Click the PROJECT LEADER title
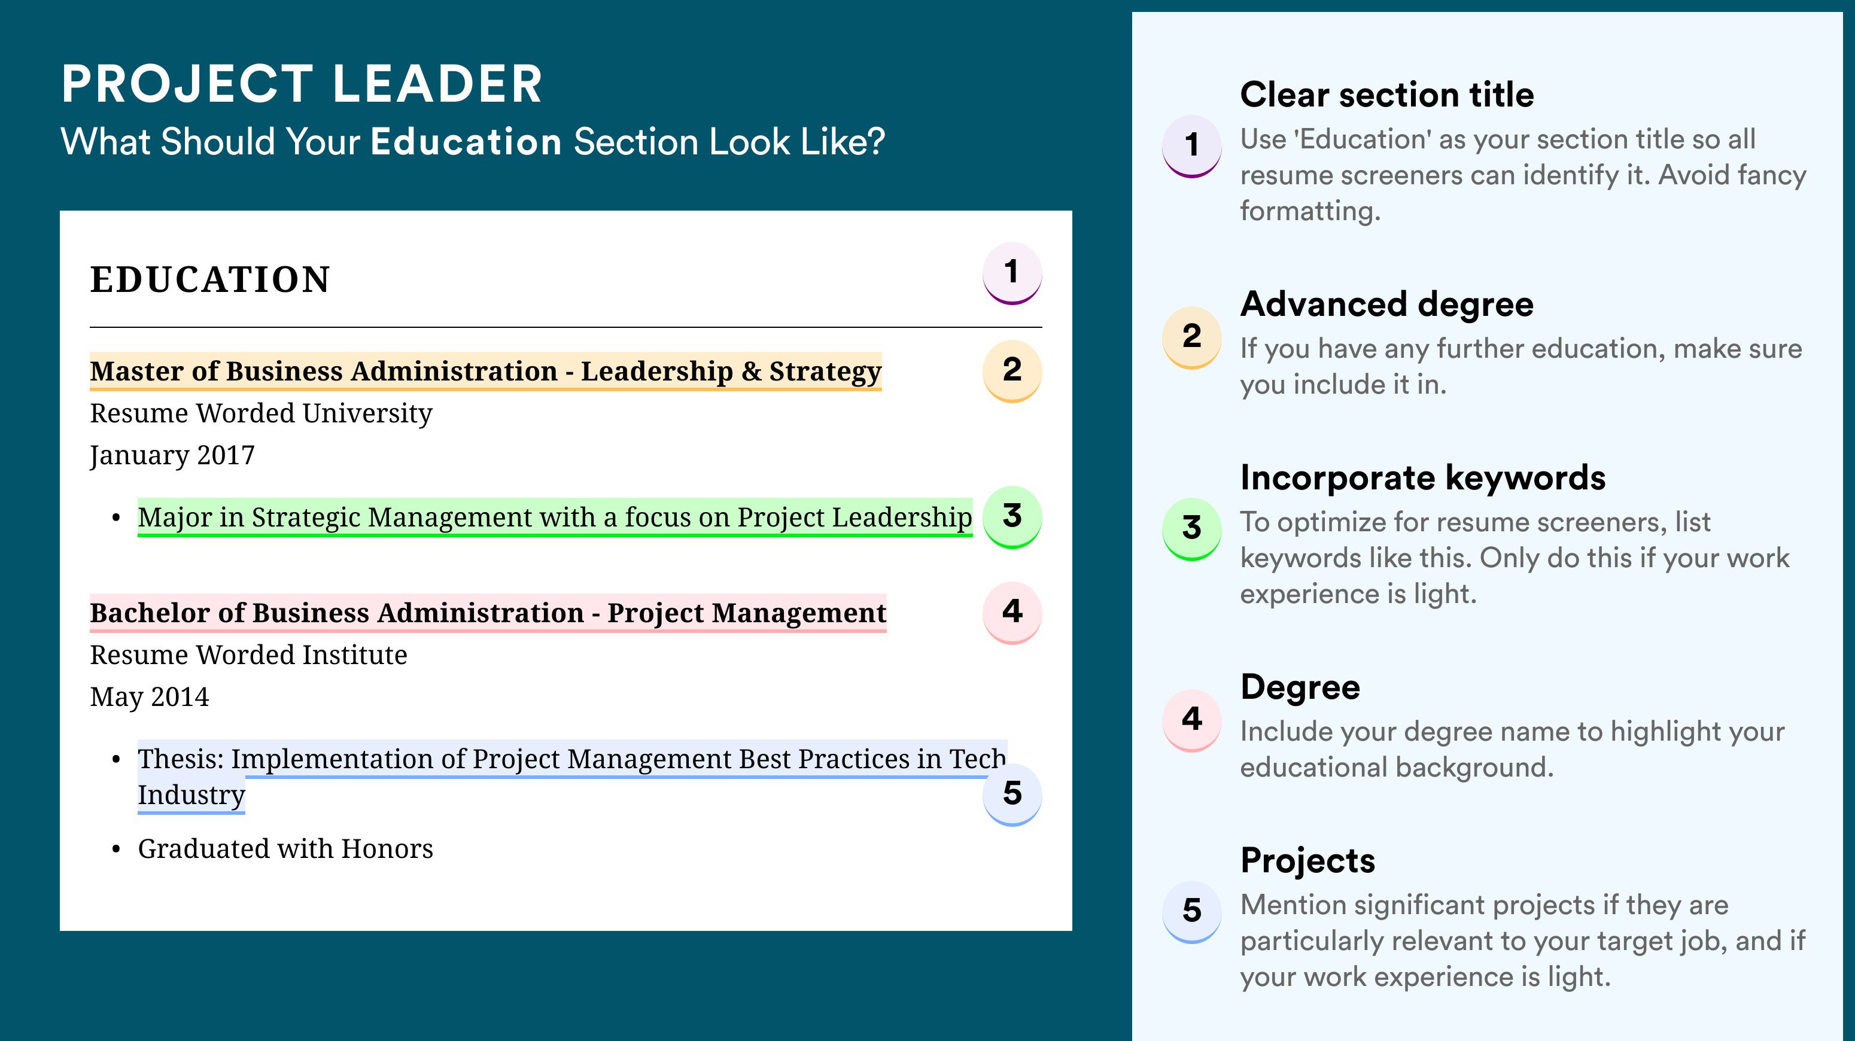302,84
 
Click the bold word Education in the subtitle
466,141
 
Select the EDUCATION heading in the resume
209,279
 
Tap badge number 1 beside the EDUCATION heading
1012,273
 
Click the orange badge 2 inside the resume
1012,371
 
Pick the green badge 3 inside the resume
1012,517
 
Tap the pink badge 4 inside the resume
1012,613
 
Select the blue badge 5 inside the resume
1012,794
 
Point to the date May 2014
149,697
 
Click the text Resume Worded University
261,413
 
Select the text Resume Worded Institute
248,655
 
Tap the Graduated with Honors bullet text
285,849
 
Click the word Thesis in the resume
181,759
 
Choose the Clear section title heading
1387,95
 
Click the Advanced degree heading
1387,305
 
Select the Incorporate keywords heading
1423,478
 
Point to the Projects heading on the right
1307,860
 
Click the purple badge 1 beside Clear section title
1192,146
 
